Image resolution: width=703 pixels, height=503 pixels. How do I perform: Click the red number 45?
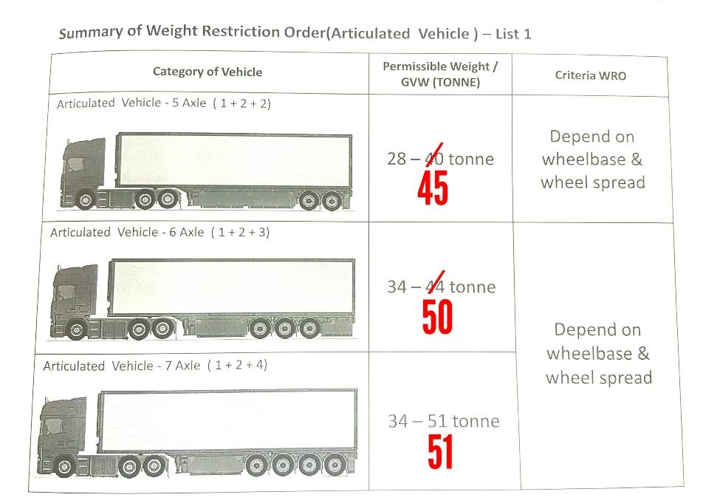[x=433, y=188]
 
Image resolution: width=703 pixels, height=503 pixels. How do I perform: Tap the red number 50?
[x=438, y=317]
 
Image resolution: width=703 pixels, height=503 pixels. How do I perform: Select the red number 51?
[x=440, y=452]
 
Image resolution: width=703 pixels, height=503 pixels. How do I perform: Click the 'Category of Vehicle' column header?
[x=208, y=72]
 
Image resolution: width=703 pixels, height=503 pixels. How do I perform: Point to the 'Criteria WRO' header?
[x=591, y=75]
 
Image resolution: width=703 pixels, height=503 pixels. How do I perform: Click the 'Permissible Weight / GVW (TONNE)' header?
[x=440, y=75]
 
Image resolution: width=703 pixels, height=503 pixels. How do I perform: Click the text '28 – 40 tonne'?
[x=441, y=159]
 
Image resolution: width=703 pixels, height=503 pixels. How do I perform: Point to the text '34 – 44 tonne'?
[x=442, y=287]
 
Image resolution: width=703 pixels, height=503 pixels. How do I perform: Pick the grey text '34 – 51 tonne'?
[x=444, y=422]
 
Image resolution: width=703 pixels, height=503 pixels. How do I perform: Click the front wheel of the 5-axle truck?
[x=85, y=200]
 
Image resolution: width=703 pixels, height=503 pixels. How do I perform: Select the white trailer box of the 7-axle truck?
[x=227, y=420]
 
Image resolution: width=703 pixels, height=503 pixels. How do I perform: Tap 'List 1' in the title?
[x=513, y=34]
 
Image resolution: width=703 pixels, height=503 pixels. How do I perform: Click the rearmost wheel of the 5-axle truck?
[x=332, y=200]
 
